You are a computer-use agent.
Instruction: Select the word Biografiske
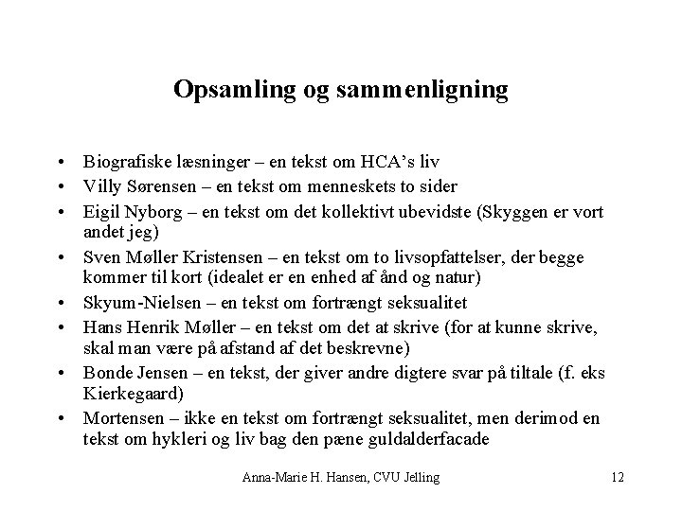pyautogui.click(x=123, y=163)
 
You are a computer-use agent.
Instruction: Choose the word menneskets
pyautogui.click(x=359, y=185)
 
